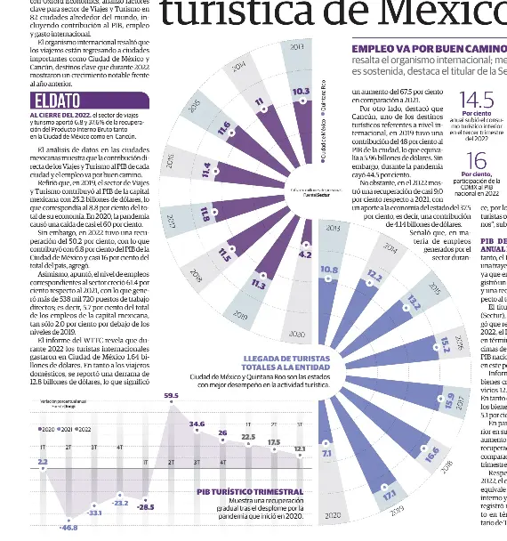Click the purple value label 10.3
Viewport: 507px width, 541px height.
(301, 91)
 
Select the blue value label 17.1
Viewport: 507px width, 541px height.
(389, 496)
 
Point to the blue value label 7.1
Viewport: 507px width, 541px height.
(326, 454)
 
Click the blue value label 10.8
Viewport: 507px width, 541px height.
(328, 269)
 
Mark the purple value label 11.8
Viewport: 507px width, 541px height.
(205, 214)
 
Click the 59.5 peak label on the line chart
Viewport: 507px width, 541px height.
(171, 395)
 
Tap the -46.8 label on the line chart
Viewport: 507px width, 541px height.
(68, 528)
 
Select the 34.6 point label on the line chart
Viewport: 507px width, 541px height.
(197, 424)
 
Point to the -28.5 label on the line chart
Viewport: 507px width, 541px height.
(145, 507)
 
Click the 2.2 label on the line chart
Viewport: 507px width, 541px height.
(43, 462)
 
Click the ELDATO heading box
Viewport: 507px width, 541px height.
(59, 101)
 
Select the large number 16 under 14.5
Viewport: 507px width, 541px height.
(477, 160)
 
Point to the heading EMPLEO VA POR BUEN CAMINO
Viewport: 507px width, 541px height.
(425, 51)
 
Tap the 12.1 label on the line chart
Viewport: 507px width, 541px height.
(299, 448)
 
